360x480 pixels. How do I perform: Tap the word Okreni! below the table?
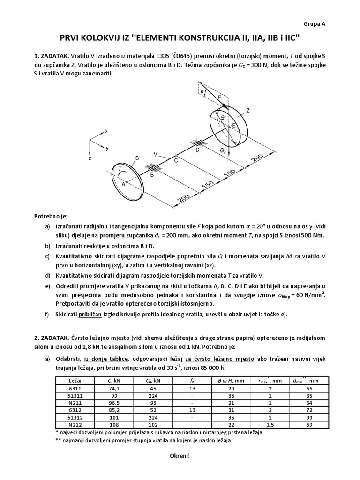pyautogui.click(x=180, y=455)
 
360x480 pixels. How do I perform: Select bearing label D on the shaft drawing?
pyautogui.click(x=197, y=150)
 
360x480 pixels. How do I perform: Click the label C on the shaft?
pyautogui.click(x=176, y=161)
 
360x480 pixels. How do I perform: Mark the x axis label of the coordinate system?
pyautogui.click(x=106, y=132)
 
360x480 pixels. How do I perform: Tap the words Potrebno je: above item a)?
pyautogui.click(x=51, y=216)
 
